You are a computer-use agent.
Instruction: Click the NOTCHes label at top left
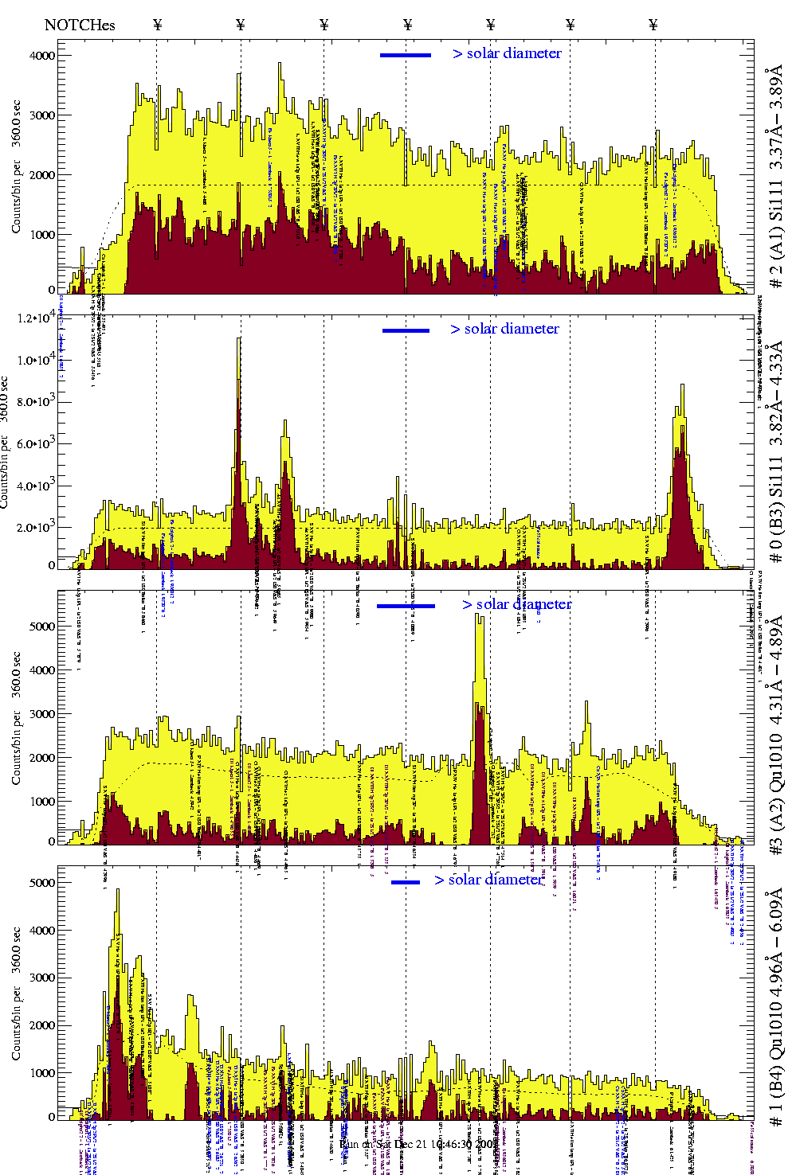80,25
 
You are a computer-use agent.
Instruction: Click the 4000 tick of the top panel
42,56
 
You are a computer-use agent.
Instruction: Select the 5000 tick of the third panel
42,627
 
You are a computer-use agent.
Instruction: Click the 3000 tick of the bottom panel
42,978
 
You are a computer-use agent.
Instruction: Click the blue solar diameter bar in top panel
406,55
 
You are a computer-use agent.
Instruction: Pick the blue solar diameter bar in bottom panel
406,882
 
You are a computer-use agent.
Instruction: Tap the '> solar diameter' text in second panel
504,329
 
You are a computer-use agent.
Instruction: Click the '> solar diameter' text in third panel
516,604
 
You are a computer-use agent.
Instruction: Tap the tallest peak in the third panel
479,615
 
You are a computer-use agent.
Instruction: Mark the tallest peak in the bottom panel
118,891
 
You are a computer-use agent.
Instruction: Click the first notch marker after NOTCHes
157,25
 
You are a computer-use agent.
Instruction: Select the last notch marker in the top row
653,25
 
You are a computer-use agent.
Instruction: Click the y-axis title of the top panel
16,167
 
